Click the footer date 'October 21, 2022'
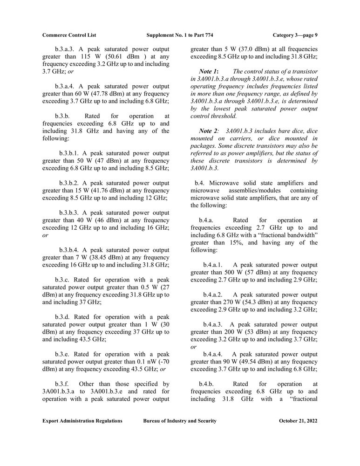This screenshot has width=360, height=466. coord(298,421)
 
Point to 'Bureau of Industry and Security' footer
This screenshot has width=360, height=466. coord(180,421)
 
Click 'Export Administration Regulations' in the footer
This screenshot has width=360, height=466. coord(82,421)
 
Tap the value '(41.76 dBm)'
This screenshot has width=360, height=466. coord(100,191)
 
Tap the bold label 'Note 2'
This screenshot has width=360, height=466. coord(208,131)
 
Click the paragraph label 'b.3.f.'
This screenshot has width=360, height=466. coord(62,384)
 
